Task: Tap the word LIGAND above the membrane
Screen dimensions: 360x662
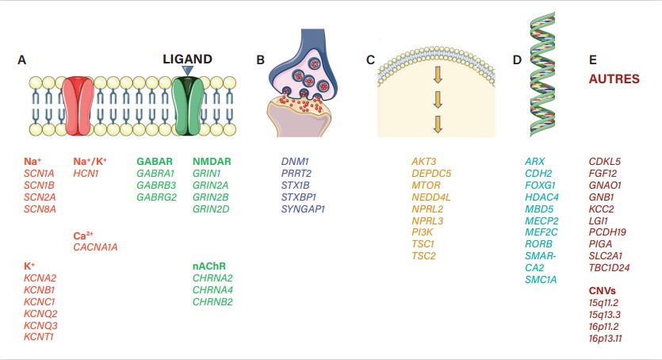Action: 187,59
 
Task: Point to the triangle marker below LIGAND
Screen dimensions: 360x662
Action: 187,71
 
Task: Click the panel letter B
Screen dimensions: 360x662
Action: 261,60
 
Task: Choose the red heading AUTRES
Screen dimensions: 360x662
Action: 614,79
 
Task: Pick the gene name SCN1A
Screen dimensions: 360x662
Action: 40,173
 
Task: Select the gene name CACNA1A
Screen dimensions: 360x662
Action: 97,247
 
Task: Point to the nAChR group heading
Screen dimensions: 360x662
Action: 209,266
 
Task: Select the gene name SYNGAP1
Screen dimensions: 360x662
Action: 303,209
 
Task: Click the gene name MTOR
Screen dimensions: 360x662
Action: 426,185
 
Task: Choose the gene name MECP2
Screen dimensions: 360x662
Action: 542,220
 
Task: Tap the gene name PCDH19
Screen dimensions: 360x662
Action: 608,232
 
